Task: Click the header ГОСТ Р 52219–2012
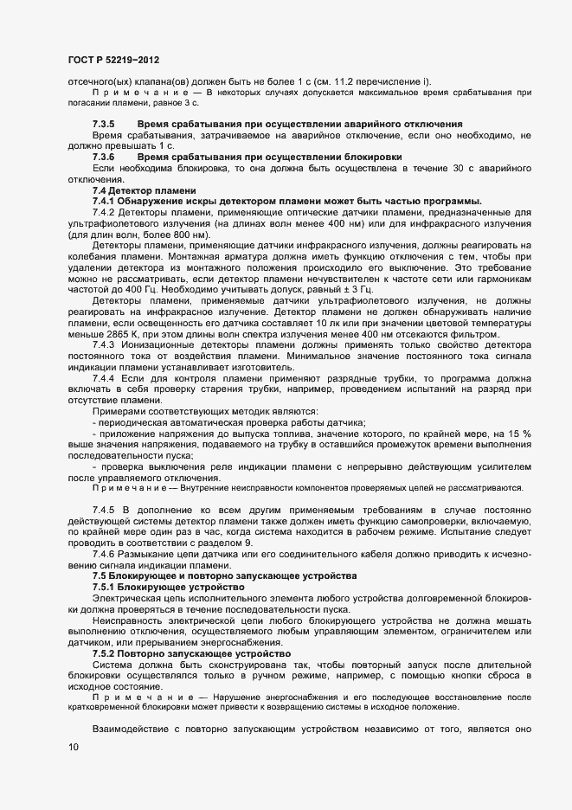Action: [x=112, y=60]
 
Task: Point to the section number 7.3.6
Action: [x=104, y=157]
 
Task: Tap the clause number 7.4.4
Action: [x=104, y=378]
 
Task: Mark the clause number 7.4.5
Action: [x=104, y=510]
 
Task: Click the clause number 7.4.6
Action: [x=104, y=554]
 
